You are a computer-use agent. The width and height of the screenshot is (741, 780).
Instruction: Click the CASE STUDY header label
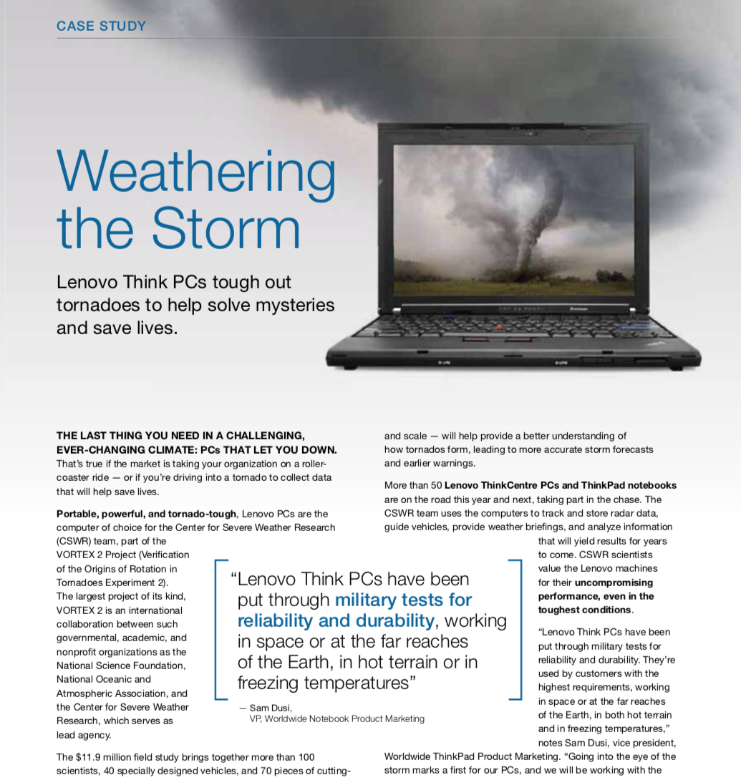click(x=101, y=26)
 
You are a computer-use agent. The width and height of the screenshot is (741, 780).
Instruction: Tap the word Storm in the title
click(x=226, y=228)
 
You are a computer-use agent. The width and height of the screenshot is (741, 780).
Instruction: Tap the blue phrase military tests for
click(x=403, y=600)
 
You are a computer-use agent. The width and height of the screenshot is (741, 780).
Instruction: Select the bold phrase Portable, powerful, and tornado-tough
click(x=148, y=514)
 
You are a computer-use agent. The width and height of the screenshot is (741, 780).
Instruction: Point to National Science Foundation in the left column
click(x=121, y=666)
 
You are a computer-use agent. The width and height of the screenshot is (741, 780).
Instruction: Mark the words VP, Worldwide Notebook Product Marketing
click(x=336, y=718)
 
